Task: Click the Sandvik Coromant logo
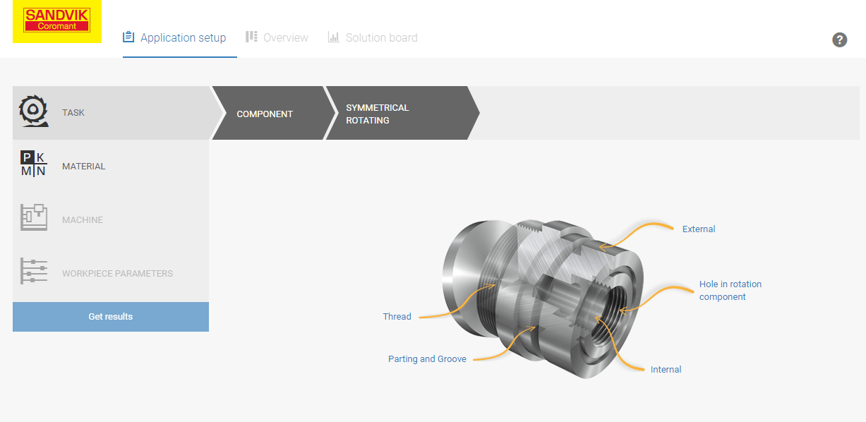(56, 20)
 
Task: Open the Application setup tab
(175, 38)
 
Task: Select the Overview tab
(277, 38)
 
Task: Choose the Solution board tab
(373, 38)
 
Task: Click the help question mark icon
(839, 40)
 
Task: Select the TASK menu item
(73, 113)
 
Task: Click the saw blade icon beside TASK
(33, 111)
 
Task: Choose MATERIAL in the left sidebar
(83, 167)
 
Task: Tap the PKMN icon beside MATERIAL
(33, 165)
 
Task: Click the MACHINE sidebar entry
(82, 220)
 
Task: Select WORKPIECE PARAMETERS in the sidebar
(117, 274)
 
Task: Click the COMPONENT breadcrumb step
(265, 114)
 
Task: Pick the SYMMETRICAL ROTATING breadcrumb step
(377, 114)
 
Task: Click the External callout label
(699, 229)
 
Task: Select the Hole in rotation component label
(730, 291)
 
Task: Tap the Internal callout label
(666, 370)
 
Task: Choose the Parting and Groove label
(427, 359)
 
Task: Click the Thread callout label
(397, 317)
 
